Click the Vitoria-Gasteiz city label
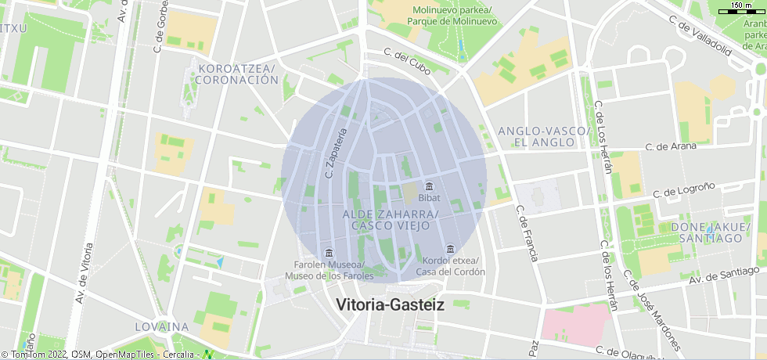(x=390, y=305)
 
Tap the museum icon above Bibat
(x=429, y=187)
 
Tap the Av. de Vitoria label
(x=85, y=273)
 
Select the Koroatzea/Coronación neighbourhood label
(x=238, y=74)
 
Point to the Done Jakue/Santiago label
(x=711, y=232)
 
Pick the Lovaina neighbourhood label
(x=161, y=326)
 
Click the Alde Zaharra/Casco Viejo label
(x=391, y=219)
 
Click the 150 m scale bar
(x=741, y=9)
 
